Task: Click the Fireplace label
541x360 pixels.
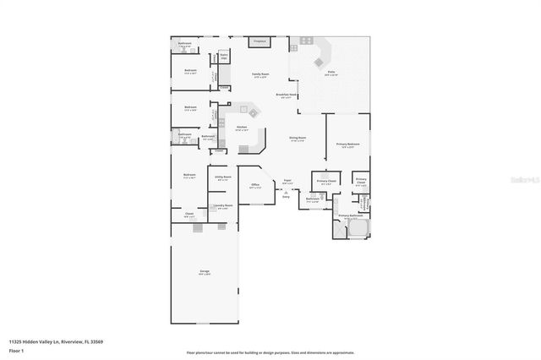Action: [x=260, y=41]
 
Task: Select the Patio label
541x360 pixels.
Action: [x=332, y=73]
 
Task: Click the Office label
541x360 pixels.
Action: [x=254, y=184]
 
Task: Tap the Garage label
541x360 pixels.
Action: [x=205, y=272]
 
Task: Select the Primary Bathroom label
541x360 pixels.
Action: [x=350, y=216]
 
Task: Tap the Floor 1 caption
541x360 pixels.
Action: [x=16, y=350]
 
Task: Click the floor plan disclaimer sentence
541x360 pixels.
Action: [x=270, y=352]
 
